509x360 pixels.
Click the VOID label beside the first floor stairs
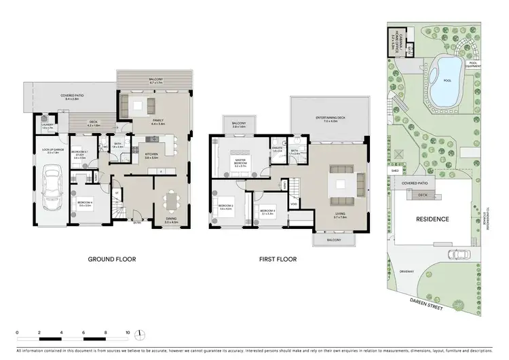293,204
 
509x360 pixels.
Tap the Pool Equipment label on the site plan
476,65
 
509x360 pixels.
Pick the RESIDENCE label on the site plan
432,219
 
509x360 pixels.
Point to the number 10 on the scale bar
127,334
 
